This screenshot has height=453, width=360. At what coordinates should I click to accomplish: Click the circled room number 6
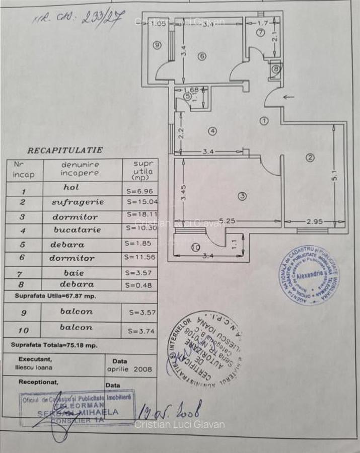[x=202, y=56]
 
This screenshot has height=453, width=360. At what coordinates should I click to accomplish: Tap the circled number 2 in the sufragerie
[x=310, y=158]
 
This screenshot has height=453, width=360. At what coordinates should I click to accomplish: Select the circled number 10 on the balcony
[x=195, y=247]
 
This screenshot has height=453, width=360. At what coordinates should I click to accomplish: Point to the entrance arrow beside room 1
[x=289, y=98]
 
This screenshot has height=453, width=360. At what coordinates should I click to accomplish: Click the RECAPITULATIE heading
[x=65, y=150]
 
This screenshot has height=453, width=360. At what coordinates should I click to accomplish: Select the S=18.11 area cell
[x=139, y=213]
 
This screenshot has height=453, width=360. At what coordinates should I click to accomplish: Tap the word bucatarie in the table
[x=77, y=230]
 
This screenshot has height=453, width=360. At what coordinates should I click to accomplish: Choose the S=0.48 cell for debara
[x=139, y=284]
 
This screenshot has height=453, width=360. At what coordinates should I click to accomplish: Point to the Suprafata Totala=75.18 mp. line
[x=54, y=346]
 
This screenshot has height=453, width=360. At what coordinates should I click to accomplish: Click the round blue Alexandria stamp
[x=309, y=275]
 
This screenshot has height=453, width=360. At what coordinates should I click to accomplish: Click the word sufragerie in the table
[x=78, y=202]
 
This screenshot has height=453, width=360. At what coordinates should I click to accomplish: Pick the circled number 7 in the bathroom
[x=260, y=33]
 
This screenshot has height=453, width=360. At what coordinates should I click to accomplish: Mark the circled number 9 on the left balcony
[x=157, y=45]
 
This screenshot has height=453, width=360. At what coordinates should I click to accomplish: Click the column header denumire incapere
[x=81, y=169]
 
